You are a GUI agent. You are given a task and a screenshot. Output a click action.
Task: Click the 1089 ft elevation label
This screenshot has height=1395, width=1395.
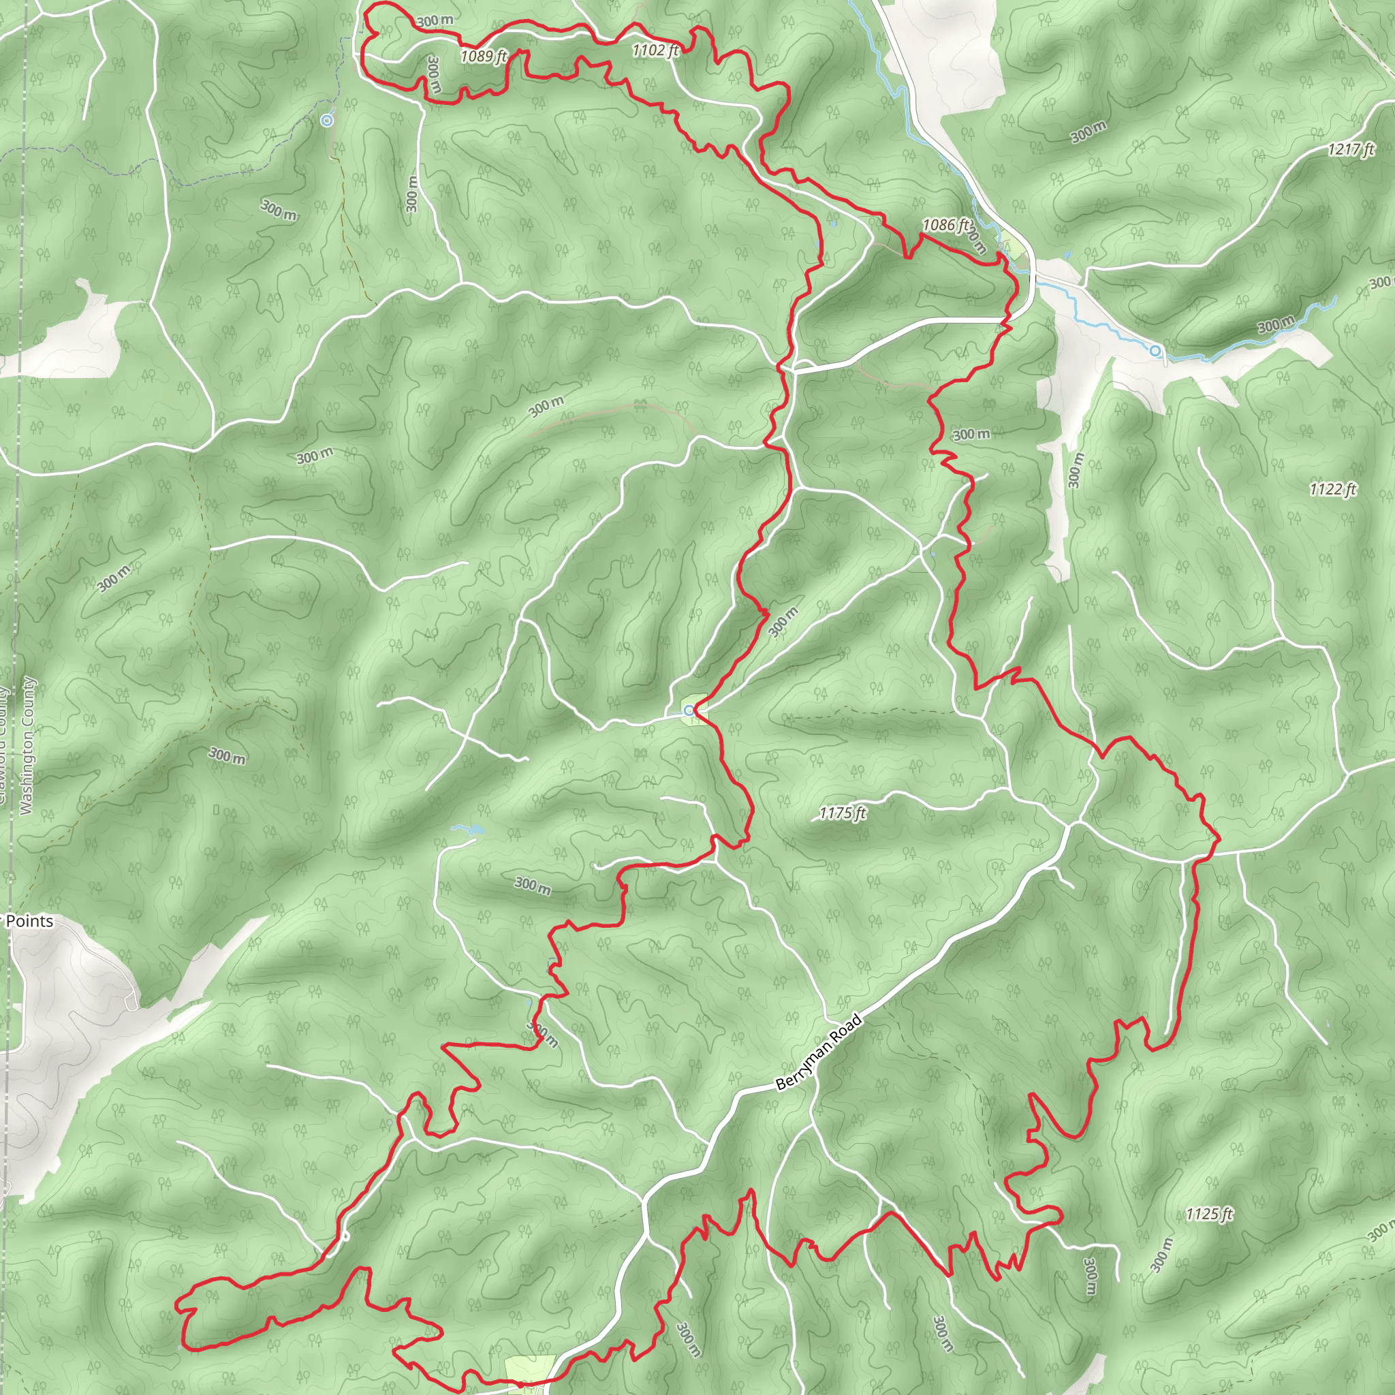pyautogui.click(x=484, y=56)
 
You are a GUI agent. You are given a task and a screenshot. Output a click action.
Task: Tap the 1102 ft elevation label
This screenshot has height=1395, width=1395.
pyautogui.click(x=655, y=50)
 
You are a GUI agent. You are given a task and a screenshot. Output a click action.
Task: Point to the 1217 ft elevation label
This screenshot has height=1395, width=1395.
pyautogui.click(x=1350, y=149)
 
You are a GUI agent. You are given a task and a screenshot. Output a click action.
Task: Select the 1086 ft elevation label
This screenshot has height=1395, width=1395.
pyautogui.click(x=945, y=225)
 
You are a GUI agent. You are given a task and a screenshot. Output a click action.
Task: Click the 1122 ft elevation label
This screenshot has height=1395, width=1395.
pyautogui.click(x=1333, y=490)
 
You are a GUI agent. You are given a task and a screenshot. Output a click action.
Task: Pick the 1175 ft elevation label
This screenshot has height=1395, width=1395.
pyautogui.click(x=842, y=813)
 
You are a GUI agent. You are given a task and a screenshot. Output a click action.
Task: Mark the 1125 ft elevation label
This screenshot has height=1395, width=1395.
pyautogui.click(x=1209, y=1214)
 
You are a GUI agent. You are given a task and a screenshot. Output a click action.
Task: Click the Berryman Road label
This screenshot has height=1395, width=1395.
pyautogui.click(x=819, y=1053)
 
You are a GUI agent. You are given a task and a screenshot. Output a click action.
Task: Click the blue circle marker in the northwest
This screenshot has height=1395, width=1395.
pyautogui.click(x=327, y=121)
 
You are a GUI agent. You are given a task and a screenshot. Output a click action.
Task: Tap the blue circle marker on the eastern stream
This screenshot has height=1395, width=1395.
pyautogui.click(x=1155, y=351)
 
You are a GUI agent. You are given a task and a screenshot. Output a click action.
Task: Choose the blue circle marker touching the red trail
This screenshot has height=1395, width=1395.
pyautogui.click(x=689, y=710)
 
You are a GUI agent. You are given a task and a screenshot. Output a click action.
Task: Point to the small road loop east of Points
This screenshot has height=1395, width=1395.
pyautogui.click(x=131, y=1002)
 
